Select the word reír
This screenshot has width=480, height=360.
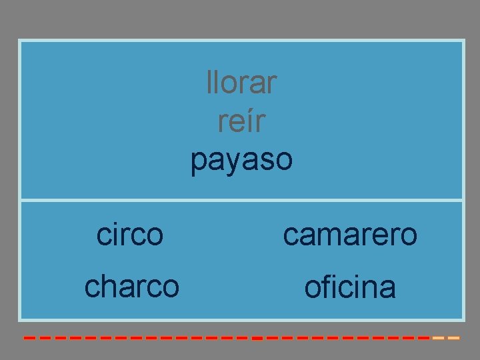(x=241, y=122)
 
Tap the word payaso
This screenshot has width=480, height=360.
(x=241, y=161)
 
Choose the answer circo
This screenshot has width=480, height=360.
(x=130, y=235)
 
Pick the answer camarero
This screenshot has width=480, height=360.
(x=350, y=235)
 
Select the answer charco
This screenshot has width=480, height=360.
(x=132, y=287)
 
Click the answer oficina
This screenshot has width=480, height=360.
(x=350, y=287)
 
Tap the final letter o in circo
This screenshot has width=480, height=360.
(x=155, y=235)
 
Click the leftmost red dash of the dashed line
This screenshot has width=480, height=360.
(x=29, y=338)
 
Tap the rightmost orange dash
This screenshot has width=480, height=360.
(x=454, y=338)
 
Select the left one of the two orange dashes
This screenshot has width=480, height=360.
(x=438, y=338)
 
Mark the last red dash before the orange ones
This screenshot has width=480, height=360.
(x=423, y=338)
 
